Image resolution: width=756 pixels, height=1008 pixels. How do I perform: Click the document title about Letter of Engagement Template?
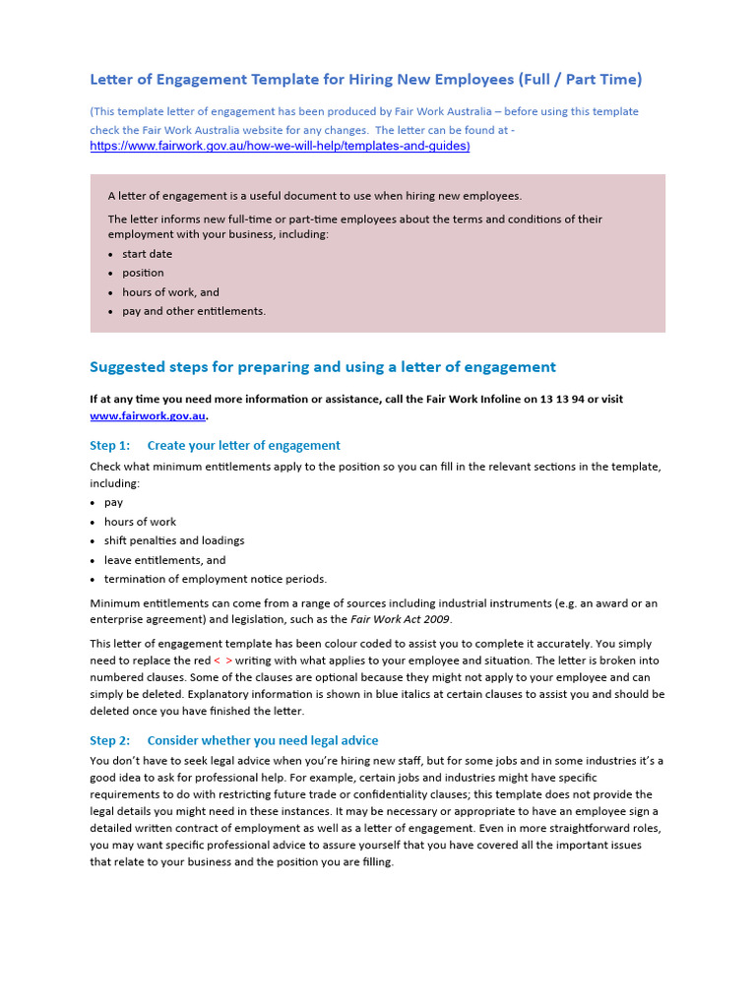click(365, 79)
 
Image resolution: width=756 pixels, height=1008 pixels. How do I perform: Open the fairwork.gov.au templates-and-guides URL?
click(280, 146)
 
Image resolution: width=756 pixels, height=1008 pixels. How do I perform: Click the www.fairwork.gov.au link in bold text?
click(148, 416)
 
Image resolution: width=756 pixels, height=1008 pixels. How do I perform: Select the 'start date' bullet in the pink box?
click(147, 254)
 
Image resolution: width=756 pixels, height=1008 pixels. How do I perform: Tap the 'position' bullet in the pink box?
click(143, 273)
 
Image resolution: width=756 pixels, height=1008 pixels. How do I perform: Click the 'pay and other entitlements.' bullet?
click(194, 311)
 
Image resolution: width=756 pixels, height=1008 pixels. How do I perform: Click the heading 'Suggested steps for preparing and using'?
click(322, 367)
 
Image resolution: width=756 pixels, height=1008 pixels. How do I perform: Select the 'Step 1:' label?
click(109, 446)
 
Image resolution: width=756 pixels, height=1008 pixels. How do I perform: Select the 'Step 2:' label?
click(109, 740)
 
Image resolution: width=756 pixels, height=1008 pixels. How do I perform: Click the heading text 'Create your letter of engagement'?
click(243, 446)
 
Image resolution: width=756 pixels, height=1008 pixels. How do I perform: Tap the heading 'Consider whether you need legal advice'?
click(262, 740)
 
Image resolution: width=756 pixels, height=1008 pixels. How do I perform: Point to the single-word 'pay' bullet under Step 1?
click(113, 502)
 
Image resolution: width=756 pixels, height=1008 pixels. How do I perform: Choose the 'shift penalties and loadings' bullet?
click(174, 540)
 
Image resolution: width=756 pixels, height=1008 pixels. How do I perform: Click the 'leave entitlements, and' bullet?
click(164, 560)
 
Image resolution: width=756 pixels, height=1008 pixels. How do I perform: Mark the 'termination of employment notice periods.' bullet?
click(215, 579)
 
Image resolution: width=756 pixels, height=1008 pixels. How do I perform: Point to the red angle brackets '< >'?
click(222, 661)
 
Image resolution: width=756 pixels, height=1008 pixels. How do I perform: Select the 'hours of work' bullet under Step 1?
click(140, 522)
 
